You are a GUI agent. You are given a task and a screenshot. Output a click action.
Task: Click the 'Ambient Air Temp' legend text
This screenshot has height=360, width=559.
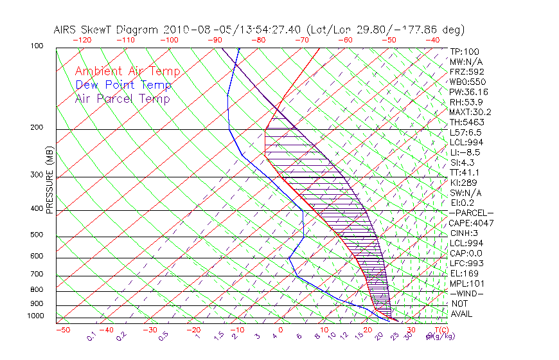[127, 71]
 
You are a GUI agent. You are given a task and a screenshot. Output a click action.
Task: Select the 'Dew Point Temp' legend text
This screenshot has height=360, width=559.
[123, 85]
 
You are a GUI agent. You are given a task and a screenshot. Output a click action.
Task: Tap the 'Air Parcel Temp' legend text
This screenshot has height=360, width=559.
[122, 98]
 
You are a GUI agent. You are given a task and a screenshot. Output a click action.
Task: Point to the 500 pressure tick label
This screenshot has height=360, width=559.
[37, 235]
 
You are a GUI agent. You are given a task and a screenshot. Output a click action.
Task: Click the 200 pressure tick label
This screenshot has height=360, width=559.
[37, 128]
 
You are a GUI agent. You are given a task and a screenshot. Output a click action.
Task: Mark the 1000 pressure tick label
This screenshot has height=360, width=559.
[35, 316]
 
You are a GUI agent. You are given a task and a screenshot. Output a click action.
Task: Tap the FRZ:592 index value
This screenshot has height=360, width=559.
[466, 71]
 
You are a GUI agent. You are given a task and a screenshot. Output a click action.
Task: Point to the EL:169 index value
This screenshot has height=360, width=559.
[465, 273]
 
